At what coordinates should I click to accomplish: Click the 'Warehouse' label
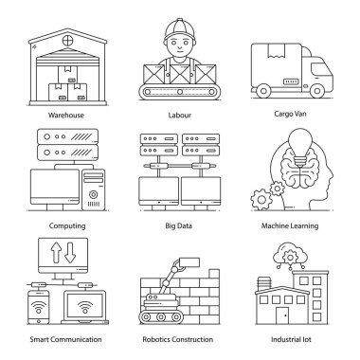tap(66, 115)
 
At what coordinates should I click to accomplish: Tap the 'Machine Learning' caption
tap(290, 225)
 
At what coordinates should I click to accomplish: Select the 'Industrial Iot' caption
tap(291, 339)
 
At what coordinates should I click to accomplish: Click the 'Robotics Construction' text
tap(178, 339)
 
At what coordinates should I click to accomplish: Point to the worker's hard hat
tap(180, 30)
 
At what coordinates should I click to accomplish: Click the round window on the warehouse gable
tap(67, 41)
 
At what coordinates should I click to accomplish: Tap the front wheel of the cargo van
tap(316, 91)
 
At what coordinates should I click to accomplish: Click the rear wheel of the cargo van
tap(262, 91)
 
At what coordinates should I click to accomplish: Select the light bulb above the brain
tap(298, 146)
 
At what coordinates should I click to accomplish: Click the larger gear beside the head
tap(261, 199)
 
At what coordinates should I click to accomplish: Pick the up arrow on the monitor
tap(56, 253)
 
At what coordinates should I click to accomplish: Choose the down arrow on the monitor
tap(70, 253)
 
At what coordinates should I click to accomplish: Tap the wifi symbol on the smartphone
tap(39, 306)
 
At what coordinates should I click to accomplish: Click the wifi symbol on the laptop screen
tap(85, 306)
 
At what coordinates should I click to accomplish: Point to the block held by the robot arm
tap(189, 262)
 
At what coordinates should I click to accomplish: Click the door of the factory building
tap(283, 315)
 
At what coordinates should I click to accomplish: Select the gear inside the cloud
tap(290, 257)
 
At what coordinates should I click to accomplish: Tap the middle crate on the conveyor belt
tap(180, 75)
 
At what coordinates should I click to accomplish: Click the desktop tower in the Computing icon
tap(94, 190)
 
